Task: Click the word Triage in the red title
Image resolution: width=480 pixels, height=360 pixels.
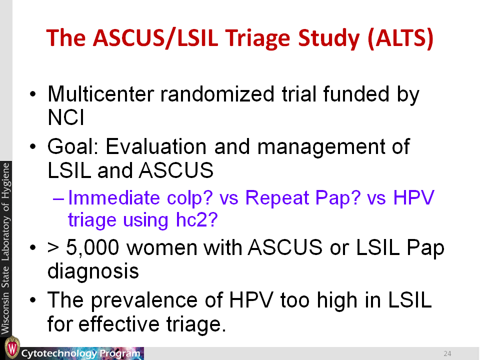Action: [x=258, y=38]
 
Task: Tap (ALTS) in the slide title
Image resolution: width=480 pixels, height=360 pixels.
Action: [x=400, y=38]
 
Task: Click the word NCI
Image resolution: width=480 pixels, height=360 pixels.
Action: [x=66, y=117]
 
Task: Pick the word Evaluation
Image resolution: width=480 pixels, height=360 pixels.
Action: [x=156, y=146]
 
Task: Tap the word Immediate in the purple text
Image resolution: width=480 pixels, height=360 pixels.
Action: [x=114, y=197]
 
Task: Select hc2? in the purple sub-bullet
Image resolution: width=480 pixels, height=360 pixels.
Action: [x=197, y=219]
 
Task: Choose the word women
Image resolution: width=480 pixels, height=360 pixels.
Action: [x=162, y=247]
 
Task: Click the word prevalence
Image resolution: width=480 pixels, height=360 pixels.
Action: [x=144, y=300]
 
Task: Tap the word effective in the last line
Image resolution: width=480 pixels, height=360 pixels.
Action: [x=119, y=324]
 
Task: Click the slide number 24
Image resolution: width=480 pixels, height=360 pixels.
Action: [x=447, y=353]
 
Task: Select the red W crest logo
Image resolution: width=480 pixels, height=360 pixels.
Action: [x=12, y=348]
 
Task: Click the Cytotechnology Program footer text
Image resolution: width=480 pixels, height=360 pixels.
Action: [x=81, y=353]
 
